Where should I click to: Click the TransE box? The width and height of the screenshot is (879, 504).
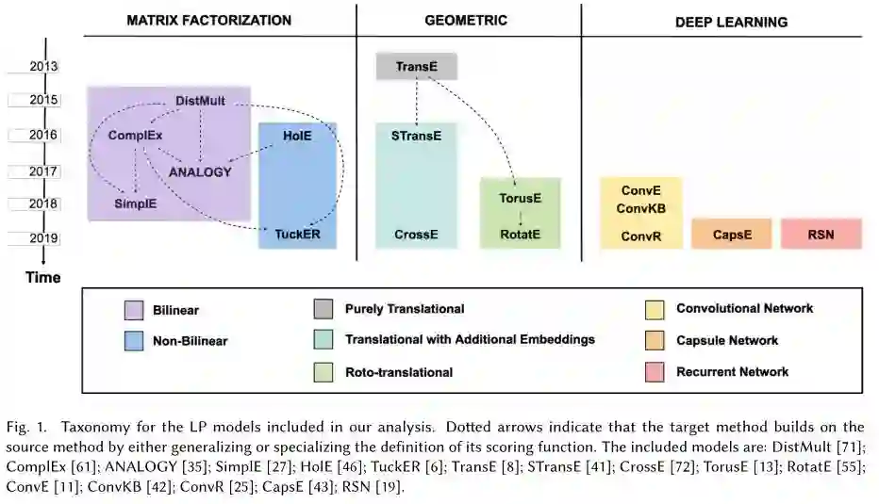click(x=416, y=66)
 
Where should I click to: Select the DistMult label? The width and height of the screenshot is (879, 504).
click(x=200, y=101)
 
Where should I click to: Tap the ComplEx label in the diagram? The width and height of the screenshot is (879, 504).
click(x=135, y=136)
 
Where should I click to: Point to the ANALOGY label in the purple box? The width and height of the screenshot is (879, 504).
click(x=200, y=171)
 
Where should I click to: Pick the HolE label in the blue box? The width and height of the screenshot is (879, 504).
click(x=297, y=136)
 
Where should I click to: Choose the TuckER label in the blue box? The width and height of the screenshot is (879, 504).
click(x=298, y=233)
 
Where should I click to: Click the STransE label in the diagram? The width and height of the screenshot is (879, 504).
click(x=416, y=136)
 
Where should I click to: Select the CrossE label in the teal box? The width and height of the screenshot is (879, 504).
click(x=416, y=233)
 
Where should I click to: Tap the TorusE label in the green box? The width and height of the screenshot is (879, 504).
click(x=521, y=199)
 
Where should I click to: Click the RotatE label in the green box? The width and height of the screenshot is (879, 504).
click(x=521, y=233)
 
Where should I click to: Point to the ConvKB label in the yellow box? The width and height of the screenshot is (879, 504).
click(x=641, y=207)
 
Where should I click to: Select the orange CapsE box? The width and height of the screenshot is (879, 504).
click(x=731, y=234)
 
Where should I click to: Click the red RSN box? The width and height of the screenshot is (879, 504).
click(x=821, y=234)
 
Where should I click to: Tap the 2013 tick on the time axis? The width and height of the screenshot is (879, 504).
click(x=42, y=67)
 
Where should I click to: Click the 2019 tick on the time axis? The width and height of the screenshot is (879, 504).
click(x=42, y=239)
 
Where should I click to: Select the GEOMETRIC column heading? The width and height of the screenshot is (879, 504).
click(x=466, y=20)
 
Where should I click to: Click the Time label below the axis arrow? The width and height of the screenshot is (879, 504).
click(x=42, y=277)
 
